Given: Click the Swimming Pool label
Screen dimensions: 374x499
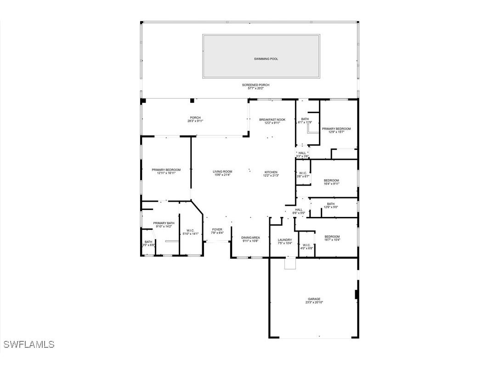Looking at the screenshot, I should click(266, 59).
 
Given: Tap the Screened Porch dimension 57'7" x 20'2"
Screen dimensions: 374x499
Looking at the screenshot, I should click(255, 88).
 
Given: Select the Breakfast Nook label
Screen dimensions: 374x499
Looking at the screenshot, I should click(272, 119).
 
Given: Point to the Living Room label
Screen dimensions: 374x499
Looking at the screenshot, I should click(222, 172).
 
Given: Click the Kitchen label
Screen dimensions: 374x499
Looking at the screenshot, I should click(271, 172).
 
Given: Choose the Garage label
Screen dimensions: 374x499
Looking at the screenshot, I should click(314, 299).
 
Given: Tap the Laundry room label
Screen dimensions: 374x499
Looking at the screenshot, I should click(285, 239).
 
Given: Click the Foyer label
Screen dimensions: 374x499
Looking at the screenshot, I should click(217, 229).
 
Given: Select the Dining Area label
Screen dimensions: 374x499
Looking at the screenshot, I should click(251, 238).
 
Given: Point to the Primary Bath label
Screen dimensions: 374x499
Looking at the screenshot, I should click(164, 223).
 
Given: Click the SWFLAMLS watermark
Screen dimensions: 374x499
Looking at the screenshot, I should click(28, 344).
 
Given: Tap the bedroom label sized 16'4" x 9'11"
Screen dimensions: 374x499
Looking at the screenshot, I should click(331, 180).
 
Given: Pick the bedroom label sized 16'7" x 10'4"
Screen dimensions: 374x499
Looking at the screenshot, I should click(332, 237).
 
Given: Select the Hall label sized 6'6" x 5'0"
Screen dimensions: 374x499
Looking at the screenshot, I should click(299, 210).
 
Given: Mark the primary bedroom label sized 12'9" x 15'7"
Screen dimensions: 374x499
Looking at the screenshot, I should click(336, 129).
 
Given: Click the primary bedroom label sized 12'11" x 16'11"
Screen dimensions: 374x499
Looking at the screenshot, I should click(166, 170).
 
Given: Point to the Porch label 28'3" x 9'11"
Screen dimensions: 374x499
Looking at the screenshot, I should click(195, 118).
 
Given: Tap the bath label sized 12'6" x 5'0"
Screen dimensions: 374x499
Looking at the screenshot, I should click(331, 204).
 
